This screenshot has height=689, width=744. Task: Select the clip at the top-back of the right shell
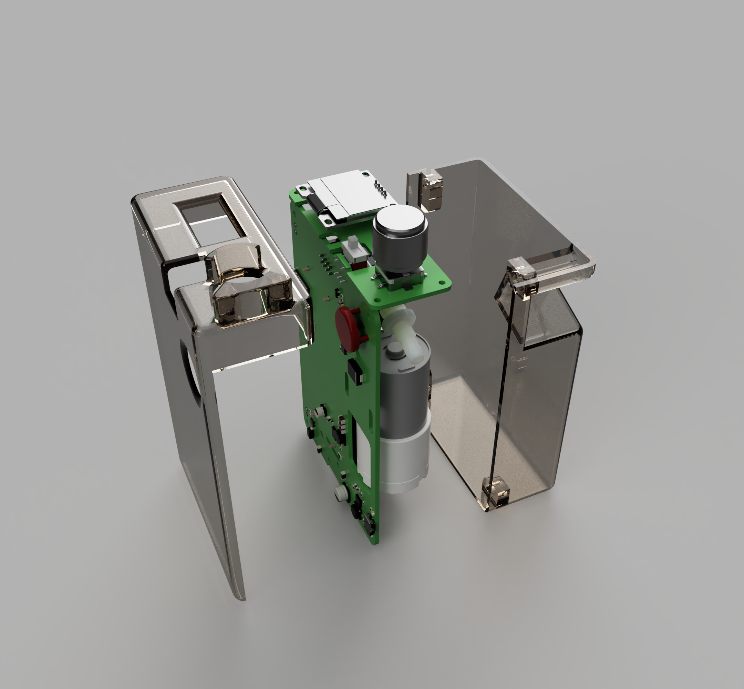[432, 190]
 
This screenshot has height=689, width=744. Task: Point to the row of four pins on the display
[380, 189]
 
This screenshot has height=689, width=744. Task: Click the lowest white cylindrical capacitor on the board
[340, 492]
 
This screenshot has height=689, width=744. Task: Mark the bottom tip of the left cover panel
[240, 597]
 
